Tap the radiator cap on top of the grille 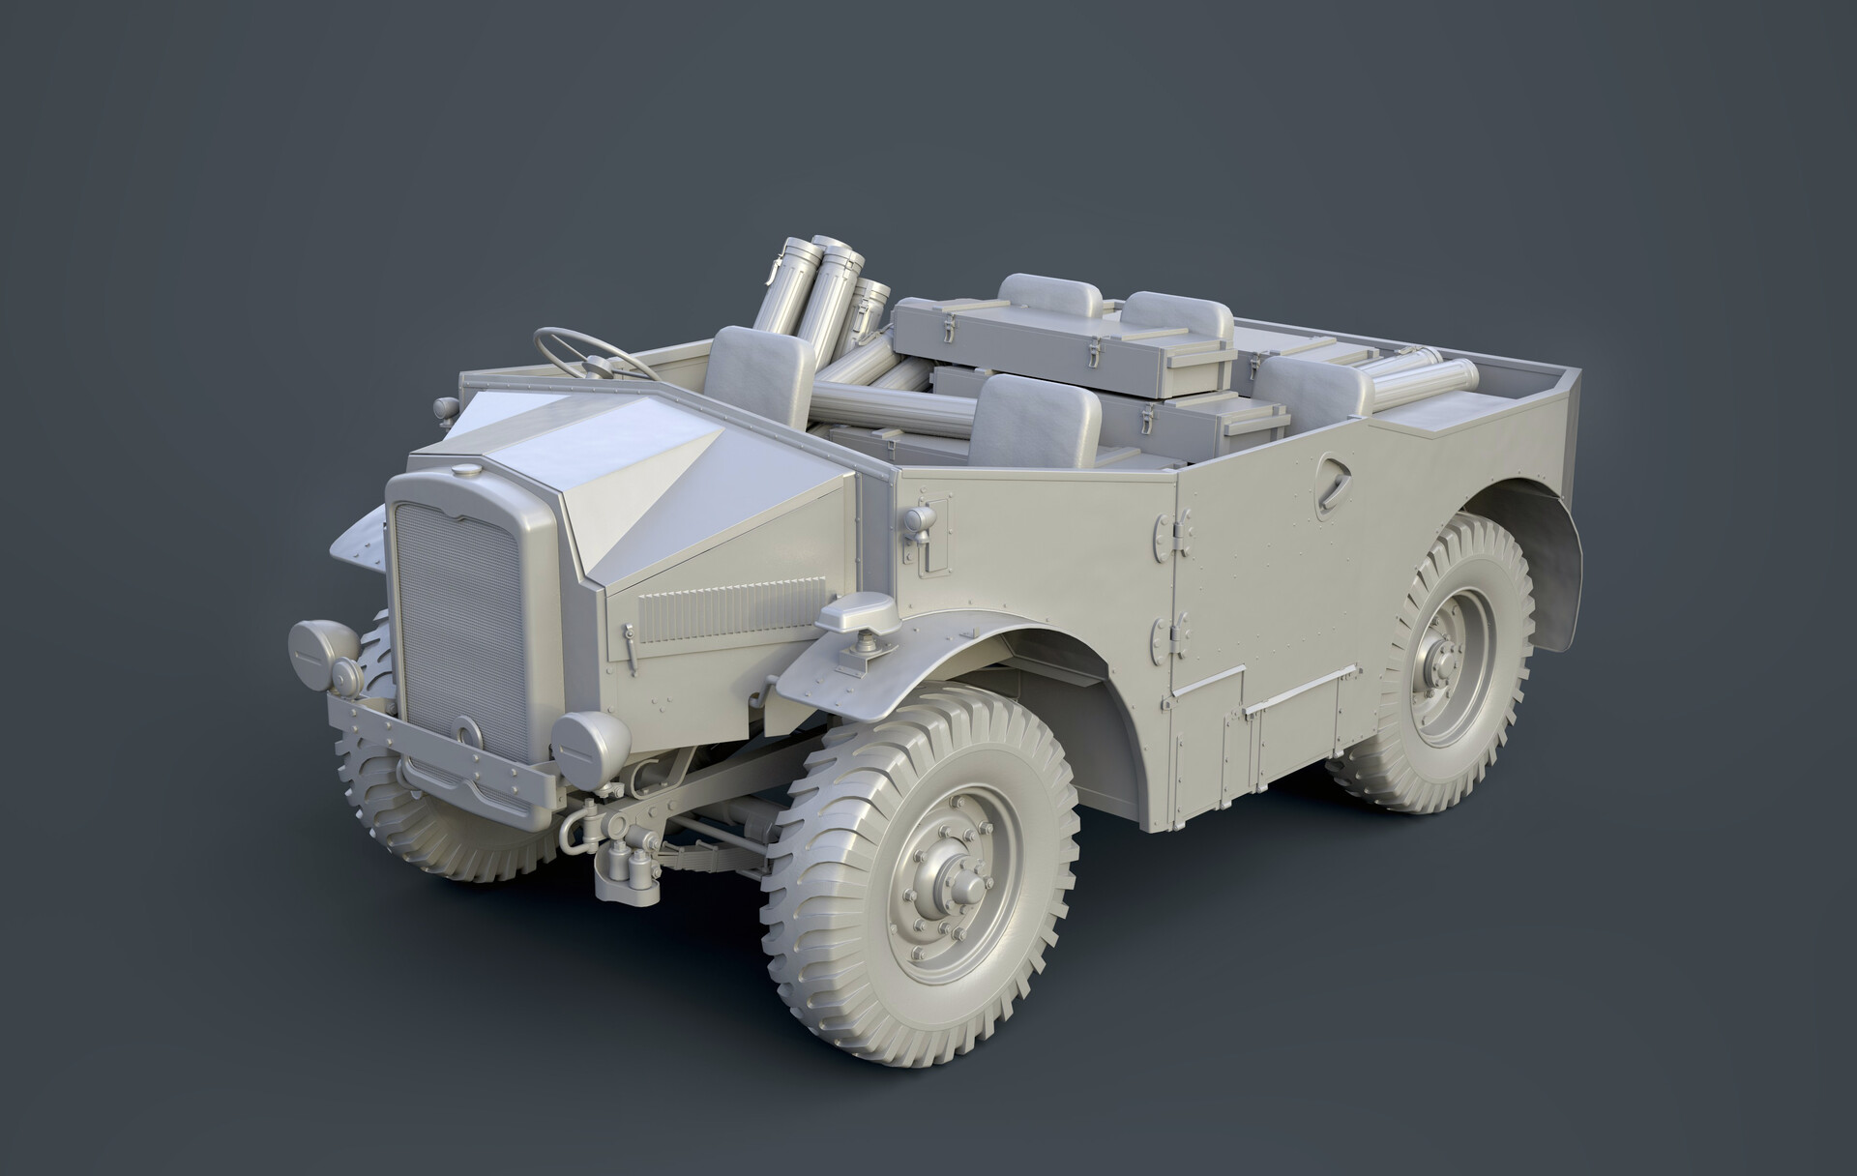[x=465, y=471]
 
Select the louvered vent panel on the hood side [x=730, y=609]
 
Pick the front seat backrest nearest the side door [x=1036, y=420]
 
